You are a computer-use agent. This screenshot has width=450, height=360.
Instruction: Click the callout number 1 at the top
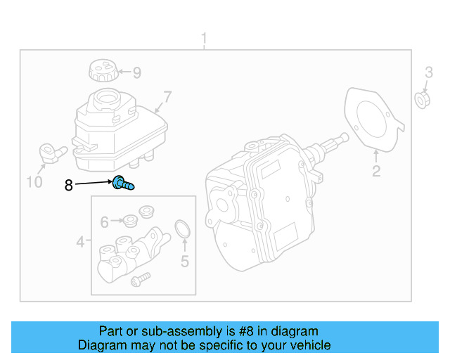coord(205,37)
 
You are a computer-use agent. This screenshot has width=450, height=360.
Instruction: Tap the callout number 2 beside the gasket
coord(376,172)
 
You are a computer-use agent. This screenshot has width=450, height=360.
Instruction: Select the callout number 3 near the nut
coord(427,72)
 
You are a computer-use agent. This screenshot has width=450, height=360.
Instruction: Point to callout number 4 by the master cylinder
coord(81,243)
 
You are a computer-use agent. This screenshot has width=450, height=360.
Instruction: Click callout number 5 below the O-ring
coord(185,262)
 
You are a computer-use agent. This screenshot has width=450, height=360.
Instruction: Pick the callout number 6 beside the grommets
coord(105,222)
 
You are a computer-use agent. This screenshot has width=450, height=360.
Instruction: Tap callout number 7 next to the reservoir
coord(167,96)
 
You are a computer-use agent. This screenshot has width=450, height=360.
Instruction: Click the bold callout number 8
coord(68,186)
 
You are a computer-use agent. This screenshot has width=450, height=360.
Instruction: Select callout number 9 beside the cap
coord(136,72)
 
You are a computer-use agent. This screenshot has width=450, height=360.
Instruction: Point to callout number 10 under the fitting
coord(34,183)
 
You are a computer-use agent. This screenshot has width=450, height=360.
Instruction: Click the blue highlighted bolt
coord(124,184)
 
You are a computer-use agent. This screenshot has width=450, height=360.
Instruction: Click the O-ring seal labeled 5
coord(183,229)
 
